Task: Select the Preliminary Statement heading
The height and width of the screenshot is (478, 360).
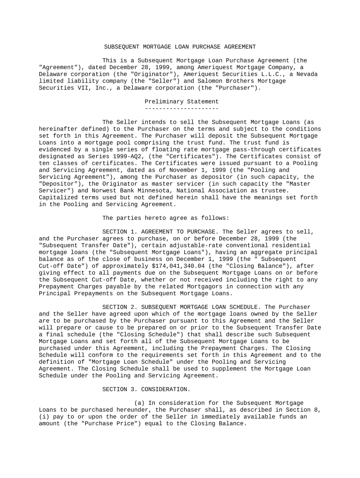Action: click(x=181, y=102)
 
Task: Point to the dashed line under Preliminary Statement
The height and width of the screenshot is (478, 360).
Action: click(x=181, y=109)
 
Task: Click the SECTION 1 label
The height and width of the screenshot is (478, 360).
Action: click(x=119, y=232)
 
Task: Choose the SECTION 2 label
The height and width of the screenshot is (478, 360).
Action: click(x=119, y=307)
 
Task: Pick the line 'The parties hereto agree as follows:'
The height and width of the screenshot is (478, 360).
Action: click(x=166, y=218)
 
